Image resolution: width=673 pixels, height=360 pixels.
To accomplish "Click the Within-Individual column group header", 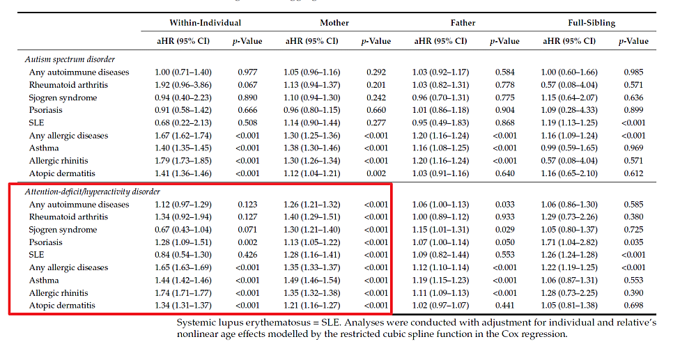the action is (x=205, y=23).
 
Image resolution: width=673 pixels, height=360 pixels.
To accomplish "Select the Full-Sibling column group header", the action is (x=591, y=23).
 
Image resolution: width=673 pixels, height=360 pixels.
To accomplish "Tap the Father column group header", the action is (x=463, y=23).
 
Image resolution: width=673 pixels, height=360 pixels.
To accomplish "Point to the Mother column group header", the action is (x=334, y=23).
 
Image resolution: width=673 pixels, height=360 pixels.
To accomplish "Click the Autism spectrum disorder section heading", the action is (x=70, y=59).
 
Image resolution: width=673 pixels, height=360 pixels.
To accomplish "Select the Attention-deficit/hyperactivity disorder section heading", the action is (x=92, y=191).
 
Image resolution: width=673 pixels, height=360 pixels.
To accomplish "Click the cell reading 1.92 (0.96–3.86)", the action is (x=183, y=85).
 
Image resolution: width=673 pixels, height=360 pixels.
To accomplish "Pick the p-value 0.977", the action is (x=247, y=72).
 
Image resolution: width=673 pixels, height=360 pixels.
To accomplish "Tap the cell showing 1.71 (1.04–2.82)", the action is (x=569, y=242).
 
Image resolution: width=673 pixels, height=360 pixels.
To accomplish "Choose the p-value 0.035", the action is (x=633, y=242).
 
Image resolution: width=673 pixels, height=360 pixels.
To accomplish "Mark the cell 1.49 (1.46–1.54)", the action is (x=312, y=280).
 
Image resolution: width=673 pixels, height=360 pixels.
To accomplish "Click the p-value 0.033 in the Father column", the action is (x=504, y=204).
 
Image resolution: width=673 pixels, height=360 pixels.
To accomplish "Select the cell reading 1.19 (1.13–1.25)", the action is (x=569, y=123).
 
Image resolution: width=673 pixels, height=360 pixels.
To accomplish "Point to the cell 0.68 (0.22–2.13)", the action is (x=183, y=123).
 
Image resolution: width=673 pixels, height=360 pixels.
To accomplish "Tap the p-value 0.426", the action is (x=247, y=254).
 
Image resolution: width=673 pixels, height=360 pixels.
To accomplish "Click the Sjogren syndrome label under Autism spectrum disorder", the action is (x=63, y=97).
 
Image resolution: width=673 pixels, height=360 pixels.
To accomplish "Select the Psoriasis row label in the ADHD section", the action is (x=45, y=242).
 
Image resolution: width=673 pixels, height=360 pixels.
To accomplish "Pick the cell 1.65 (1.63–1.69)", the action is (x=183, y=267).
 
